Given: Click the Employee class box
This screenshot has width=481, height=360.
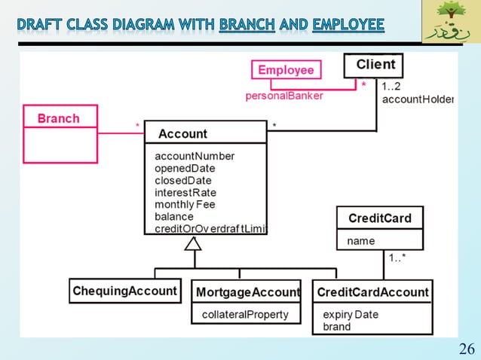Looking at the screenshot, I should pyautogui.click(x=286, y=70).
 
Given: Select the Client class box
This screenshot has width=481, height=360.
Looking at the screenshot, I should pyautogui.click(x=375, y=65).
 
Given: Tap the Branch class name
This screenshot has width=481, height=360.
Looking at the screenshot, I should pyautogui.click(x=59, y=118).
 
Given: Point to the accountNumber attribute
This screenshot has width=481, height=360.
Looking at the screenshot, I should pyautogui.click(x=195, y=156).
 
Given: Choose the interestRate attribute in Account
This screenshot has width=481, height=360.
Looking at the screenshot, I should pyautogui.click(x=185, y=193).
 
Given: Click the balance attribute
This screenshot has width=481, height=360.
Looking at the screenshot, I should pyautogui.click(x=174, y=217).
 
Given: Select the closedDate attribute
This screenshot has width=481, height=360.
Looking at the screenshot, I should pyautogui.click(x=183, y=181).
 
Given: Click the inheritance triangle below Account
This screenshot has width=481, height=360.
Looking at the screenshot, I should pyautogui.click(x=194, y=243).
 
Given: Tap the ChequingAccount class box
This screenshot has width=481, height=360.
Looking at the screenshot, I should pyautogui.click(x=125, y=291).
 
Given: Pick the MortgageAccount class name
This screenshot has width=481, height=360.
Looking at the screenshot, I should pyautogui.click(x=248, y=291).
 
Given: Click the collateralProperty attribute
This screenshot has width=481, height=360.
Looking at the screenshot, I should pyautogui.click(x=244, y=314).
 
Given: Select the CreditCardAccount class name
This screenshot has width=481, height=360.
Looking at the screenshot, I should pyautogui.click(x=372, y=291).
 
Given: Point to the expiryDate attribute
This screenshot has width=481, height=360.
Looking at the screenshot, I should pyautogui.click(x=351, y=314).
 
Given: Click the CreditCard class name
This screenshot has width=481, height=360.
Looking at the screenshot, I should pyautogui.click(x=379, y=218).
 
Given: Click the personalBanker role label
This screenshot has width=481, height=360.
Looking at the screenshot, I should pyautogui.click(x=285, y=96).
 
